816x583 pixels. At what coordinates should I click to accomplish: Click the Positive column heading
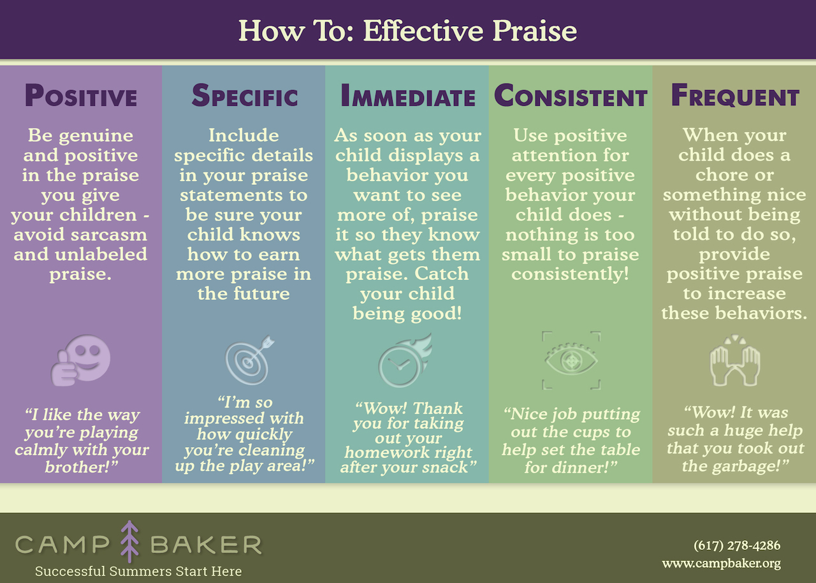point(81,96)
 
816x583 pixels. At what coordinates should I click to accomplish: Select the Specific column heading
point(244,96)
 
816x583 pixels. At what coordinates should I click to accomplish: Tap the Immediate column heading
point(408,96)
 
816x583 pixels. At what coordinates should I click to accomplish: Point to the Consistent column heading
point(571,96)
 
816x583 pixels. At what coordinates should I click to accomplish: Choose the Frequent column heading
point(735,96)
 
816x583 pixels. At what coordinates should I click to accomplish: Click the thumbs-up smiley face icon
point(81,360)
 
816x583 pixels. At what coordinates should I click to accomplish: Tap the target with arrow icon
point(249,360)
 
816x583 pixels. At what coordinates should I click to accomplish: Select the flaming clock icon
point(405,360)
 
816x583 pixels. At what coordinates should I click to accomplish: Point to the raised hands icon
point(735,361)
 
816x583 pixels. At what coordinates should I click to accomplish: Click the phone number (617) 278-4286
point(737,545)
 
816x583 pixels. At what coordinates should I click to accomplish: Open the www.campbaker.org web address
point(722,564)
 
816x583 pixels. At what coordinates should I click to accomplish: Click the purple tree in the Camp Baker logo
point(129,542)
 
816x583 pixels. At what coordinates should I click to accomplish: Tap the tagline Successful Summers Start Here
point(138,571)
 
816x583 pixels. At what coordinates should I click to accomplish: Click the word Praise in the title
point(535,31)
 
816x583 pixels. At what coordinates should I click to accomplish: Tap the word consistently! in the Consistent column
point(571,274)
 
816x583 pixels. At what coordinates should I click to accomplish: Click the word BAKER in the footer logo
point(206,545)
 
